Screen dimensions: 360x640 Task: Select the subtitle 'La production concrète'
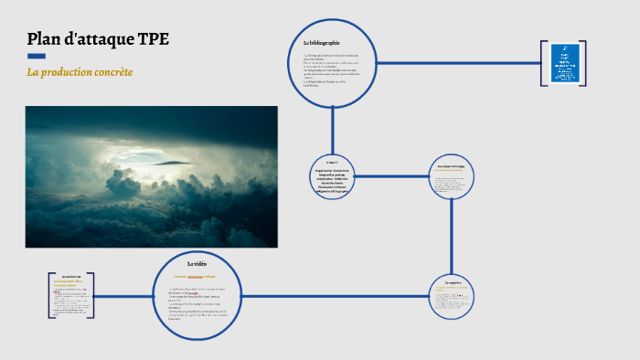(x=80, y=71)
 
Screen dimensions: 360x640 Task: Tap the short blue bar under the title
(x=37, y=57)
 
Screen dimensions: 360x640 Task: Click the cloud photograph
(x=151, y=176)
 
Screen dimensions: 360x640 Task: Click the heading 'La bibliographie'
(x=322, y=43)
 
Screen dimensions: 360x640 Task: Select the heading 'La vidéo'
(x=197, y=263)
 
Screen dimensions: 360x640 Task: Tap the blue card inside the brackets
(x=564, y=64)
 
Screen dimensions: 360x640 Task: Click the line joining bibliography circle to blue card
(x=457, y=63)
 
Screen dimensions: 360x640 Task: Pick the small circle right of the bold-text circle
(x=452, y=176)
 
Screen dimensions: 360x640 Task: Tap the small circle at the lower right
(x=452, y=296)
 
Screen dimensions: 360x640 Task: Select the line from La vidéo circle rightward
(x=329, y=296)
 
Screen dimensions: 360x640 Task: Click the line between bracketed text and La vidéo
(x=123, y=296)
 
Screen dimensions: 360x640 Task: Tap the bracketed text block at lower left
(x=71, y=295)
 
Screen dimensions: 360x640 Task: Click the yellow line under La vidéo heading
(x=197, y=275)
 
